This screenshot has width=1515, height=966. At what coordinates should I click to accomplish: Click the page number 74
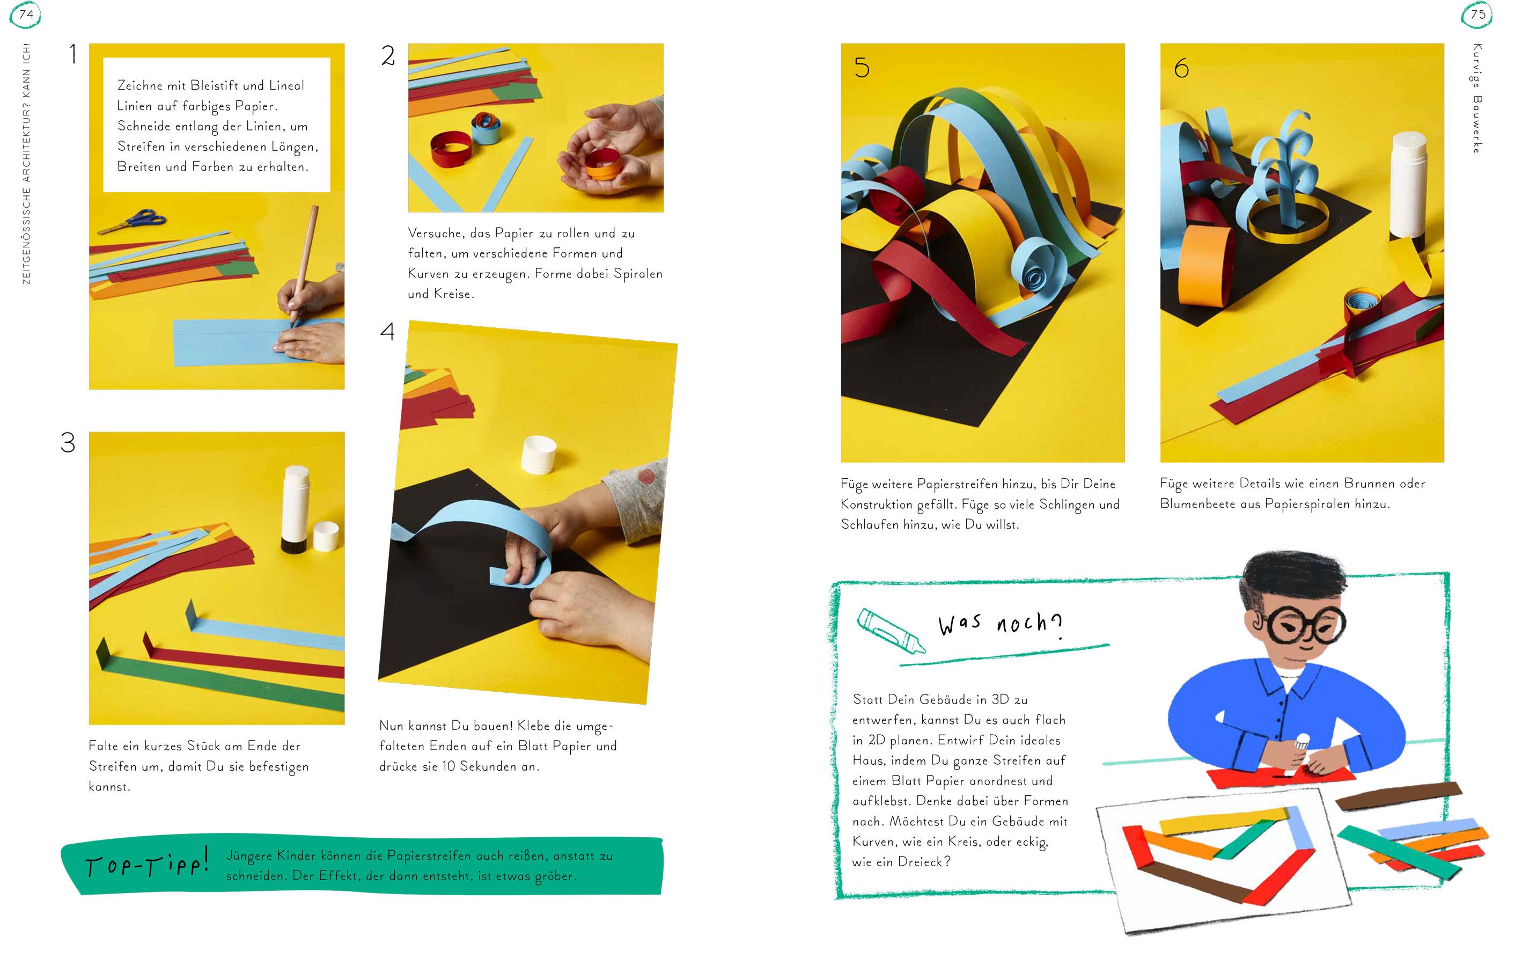(26, 14)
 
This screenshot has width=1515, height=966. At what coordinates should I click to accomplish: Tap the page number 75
(1478, 14)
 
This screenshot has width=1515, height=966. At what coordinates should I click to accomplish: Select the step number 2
(388, 56)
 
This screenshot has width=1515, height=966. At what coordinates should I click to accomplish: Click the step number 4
(387, 331)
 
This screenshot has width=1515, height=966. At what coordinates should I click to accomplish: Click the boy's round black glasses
(1303, 623)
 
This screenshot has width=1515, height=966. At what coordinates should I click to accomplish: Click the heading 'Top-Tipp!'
(146, 865)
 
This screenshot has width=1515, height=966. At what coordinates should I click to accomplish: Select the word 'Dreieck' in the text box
(919, 861)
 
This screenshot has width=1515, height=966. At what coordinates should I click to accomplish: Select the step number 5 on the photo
(862, 67)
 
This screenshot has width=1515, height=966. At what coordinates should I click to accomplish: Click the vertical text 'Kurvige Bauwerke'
(1477, 98)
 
